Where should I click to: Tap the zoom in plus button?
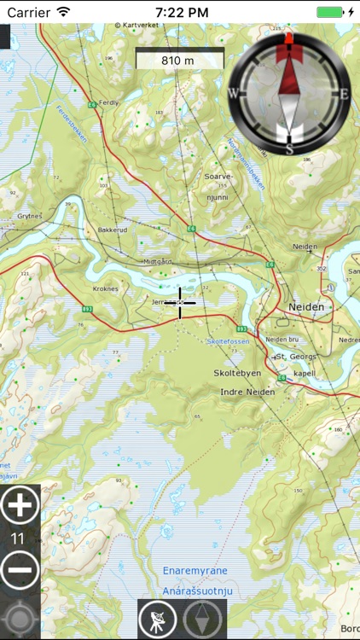pyautogui.click(x=20, y=506)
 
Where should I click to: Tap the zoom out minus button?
pyautogui.click(x=20, y=570)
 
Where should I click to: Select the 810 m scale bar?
pyautogui.click(x=178, y=60)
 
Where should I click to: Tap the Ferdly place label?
pyautogui.click(x=109, y=102)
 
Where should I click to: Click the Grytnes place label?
pyautogui.click(x=29, y=216)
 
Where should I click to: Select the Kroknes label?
pyautogui.click(x=105, y=289)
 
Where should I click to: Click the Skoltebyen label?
pyautogui.click(x=236, y=374)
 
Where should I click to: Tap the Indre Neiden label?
pyautogui.click(x=247, y=392)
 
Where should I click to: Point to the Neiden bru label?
pyautogui.click(x=282, y=339)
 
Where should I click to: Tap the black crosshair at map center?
pyautogui.click(x=180, y=302)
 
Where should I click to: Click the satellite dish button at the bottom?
pyautogui.click(x=158, y=619)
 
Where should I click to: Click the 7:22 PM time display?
pyautogui.click(x=181, y=12)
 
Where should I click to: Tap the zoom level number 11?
pyautogui.click(x=17, y=538)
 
